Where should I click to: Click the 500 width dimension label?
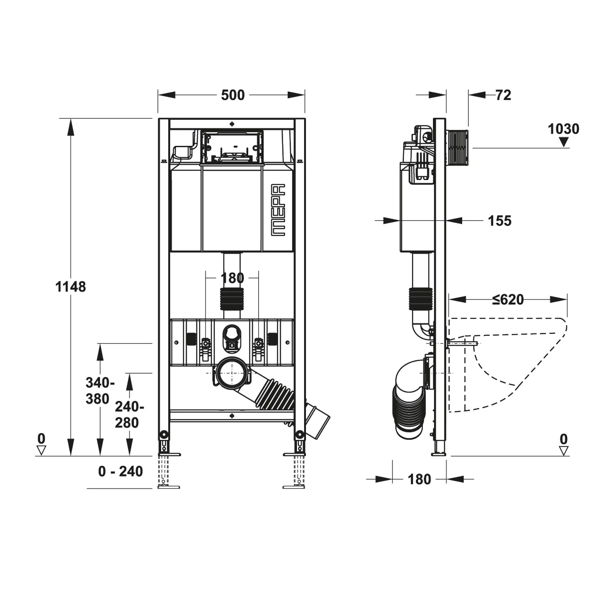(232, 95)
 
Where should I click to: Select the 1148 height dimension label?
(71, 287)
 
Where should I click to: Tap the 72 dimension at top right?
(503, 95)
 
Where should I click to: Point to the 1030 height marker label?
(563, 129)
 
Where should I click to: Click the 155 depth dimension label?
(499, 221)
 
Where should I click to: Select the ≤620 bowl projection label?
(508, 300)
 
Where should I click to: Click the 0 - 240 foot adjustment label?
(121, 471)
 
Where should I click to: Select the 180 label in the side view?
(419, 479)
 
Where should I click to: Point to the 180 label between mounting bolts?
(232, 278)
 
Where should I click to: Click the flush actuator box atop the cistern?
(232, 147)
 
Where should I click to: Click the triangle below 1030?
(564, 142)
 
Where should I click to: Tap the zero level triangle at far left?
(41, 450)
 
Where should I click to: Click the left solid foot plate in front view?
(169, 454)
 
